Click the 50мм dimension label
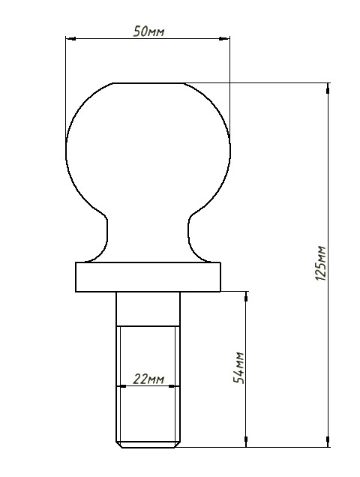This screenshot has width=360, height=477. [x=148, y=31]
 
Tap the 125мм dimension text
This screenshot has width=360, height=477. [x=321, y=263]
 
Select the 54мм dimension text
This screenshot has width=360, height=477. [x=239, y=367]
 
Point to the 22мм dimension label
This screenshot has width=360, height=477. [x=148, y=379]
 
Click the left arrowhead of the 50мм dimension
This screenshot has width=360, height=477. [x=70, y=39]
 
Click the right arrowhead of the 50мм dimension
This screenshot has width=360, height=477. [x=225, y=39]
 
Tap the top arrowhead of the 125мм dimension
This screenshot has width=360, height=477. [x=328, y=88]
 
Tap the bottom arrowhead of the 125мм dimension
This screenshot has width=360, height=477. [x=328, y=442]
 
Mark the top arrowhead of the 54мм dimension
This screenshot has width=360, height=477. [x=246, y=296]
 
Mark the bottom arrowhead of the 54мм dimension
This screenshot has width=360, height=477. [x=246, y=442]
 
